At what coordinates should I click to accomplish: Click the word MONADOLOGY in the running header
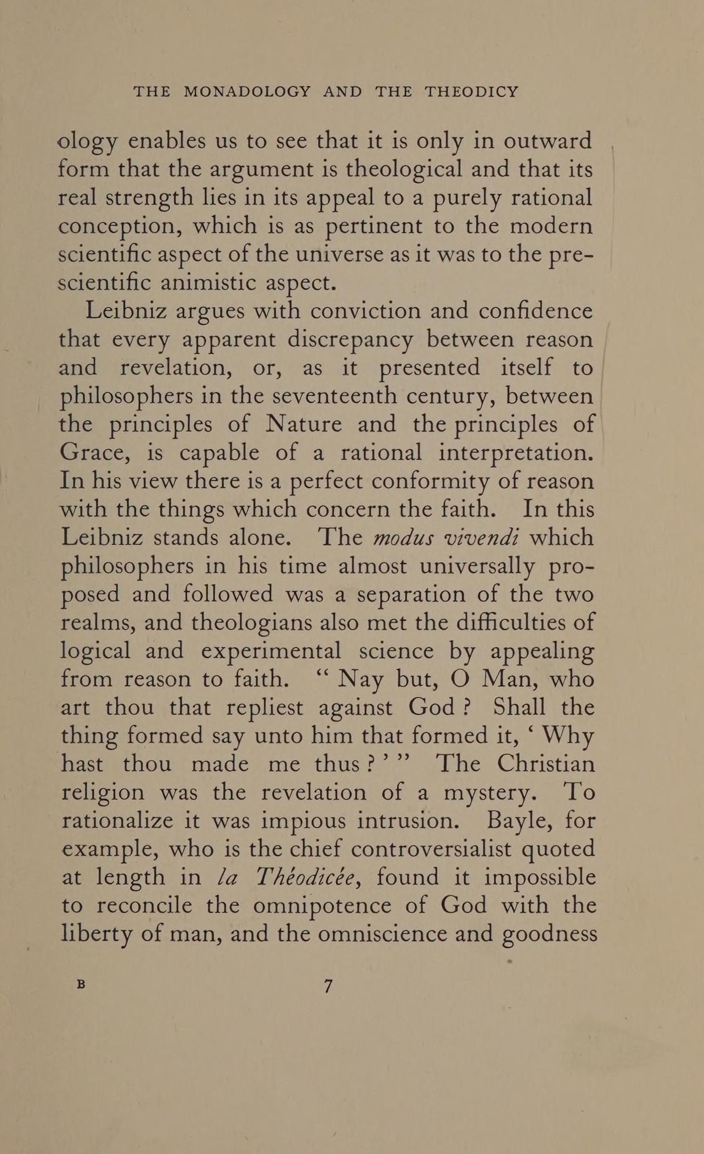click(247, 91)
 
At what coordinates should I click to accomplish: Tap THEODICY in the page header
click(471, 91)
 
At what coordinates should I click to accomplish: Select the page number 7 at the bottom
click(328, 987)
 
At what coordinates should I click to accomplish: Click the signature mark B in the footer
click(81, 984)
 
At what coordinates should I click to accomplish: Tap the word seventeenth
click(335, 397)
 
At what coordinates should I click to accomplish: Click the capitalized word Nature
click(304, 425)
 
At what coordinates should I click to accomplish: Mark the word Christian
click(546, 764)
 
